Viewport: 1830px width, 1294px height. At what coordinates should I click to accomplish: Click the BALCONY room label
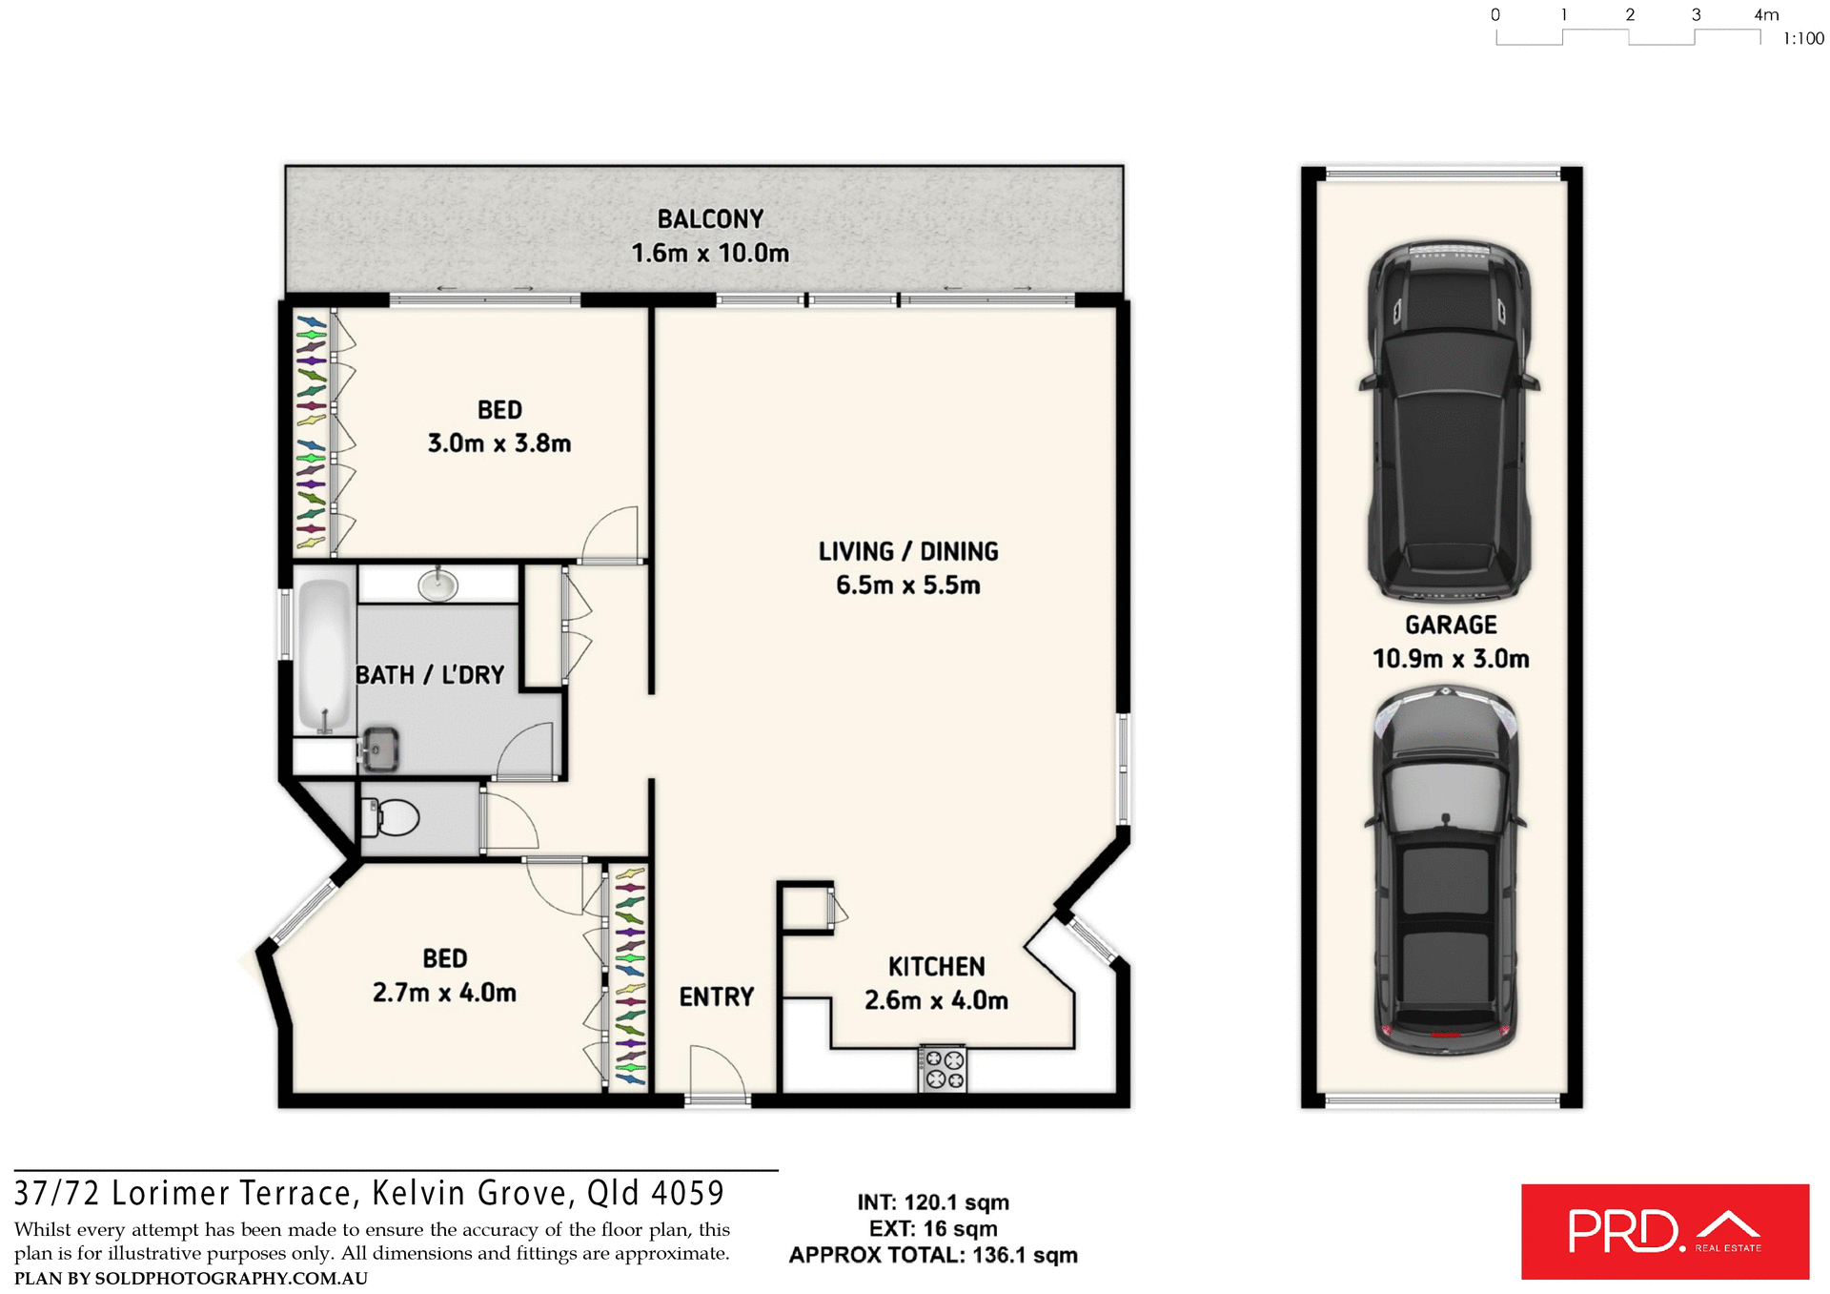pos(710,219)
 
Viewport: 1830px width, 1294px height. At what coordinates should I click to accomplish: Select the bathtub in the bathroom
pos(324,655)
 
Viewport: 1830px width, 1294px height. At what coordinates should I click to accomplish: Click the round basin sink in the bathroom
pos(437,585)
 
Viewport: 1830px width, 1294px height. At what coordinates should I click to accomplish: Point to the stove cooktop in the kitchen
pos(943,1069)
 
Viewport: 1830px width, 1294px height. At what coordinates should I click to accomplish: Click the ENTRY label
pos(716,997)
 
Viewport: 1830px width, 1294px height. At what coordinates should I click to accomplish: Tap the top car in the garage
pos(1448,420)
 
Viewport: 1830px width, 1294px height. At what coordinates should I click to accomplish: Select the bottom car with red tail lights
pos(1446,873)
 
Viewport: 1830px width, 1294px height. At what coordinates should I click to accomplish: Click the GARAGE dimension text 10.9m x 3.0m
pos(1450,659)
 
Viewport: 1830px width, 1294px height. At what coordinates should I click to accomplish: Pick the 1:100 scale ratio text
pos(1802,39)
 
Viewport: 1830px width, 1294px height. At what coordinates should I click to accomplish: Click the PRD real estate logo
pos(1664,1231)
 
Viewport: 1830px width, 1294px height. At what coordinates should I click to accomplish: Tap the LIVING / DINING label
pos(908,552)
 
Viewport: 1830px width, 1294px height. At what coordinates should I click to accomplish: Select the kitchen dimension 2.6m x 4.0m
pos(935,1000)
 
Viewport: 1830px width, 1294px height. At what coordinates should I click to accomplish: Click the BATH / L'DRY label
pos(429,675)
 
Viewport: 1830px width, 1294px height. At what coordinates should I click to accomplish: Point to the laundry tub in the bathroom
pos(380,749)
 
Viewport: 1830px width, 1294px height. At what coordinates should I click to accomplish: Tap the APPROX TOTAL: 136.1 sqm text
pos(932,1255)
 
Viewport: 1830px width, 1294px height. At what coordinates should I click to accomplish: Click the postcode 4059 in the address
pos(688,1193)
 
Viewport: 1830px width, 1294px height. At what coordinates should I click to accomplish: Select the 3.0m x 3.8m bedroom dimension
pos(498,443)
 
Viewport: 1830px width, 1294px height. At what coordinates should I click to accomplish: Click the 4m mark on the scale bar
pos(1765,15)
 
